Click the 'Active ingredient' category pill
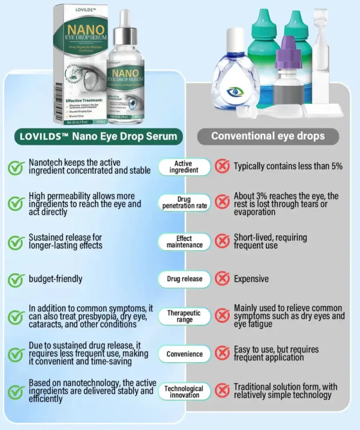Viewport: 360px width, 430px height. (x=184, y=166)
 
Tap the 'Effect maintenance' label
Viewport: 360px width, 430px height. (x=184, y=241)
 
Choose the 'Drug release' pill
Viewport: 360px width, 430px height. (x=184, y=279)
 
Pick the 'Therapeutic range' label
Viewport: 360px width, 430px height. (x=184, y=316)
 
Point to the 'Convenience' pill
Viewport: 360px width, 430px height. (x=184, y=354)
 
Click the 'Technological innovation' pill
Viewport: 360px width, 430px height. (x=184, y=392)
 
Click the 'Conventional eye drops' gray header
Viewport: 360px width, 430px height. (x=268, y=136)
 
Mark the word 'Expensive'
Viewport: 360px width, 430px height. (x=251, y=279)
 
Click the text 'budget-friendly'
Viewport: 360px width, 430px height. (x=55, y=279)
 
